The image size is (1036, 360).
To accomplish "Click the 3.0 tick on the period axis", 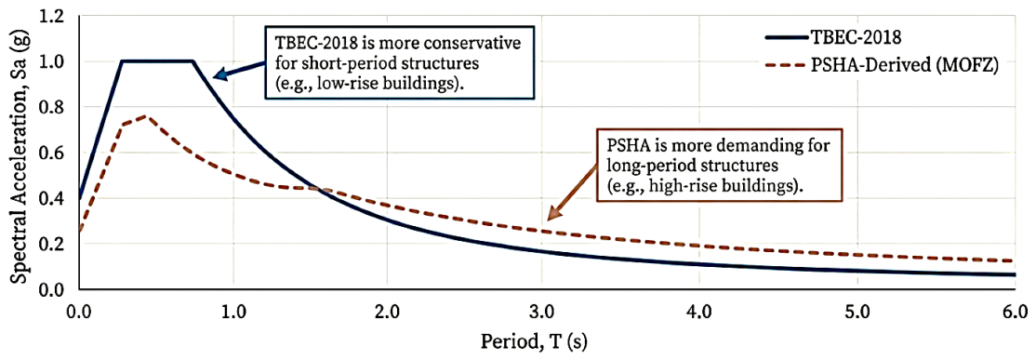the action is (545, 309).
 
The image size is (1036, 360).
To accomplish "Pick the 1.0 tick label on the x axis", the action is (233, 309).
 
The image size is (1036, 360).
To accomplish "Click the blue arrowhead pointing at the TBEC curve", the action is (221, 75).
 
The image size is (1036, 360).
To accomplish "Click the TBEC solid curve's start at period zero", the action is (78, 199).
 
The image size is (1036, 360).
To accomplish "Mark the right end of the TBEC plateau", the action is (193, 61).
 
